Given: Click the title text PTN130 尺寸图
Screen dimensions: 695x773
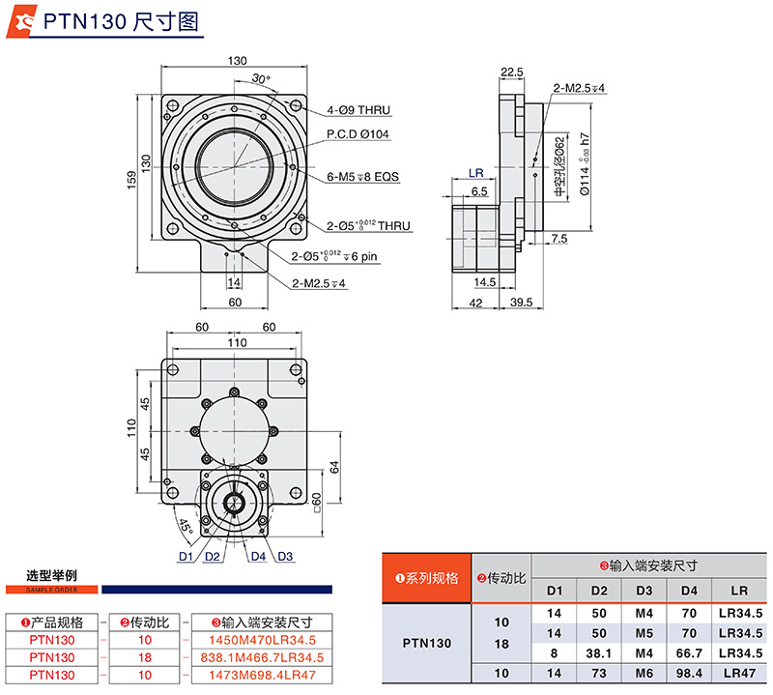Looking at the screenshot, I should point(116,21).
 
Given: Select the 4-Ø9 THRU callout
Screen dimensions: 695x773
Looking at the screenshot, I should point(358,111).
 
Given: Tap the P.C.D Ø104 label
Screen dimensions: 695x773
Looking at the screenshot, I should point(358,134).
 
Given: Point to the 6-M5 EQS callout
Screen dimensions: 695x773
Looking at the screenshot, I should point(362,177).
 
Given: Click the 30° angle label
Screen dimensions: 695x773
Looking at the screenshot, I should point(260,78).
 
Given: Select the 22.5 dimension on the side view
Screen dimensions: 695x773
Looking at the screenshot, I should point(512,72).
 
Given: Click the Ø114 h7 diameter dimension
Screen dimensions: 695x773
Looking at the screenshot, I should point(585,164).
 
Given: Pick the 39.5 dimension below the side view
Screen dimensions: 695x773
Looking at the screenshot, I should point(522,303).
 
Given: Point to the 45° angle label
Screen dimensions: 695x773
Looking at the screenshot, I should point(184,528).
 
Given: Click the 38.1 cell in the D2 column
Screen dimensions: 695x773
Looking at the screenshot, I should point(599,652).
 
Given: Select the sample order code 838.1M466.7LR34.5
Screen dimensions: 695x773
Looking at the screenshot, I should point(262,656).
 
